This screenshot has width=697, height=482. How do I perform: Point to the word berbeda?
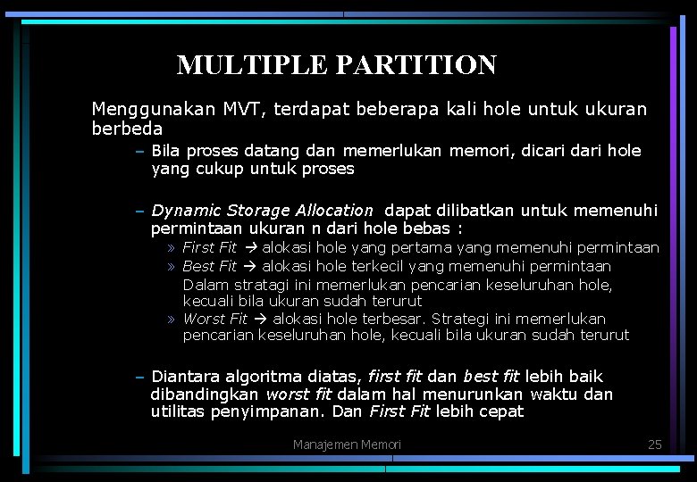(127, 129)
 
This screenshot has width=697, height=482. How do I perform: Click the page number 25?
(654, 445)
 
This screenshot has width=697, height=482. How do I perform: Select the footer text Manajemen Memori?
(347, 445)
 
